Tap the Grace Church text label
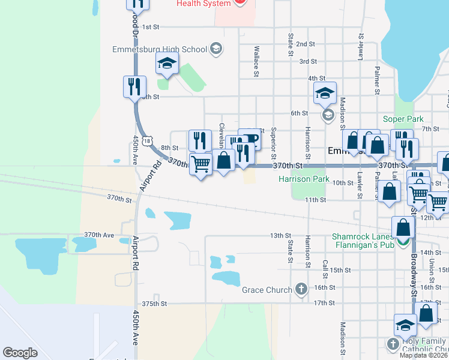click(267, 290)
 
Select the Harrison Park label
click(304, 179)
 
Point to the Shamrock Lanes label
click(358, 236)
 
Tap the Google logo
click(20, 352)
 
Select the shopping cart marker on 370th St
click(201, 163)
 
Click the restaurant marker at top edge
click(137, 4)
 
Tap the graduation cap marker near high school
click(167, 62)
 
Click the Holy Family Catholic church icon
click(393, 344)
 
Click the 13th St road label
click(280, 236)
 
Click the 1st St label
click(151, 27)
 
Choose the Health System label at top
click(203, 4)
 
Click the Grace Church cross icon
click(301, 290)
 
